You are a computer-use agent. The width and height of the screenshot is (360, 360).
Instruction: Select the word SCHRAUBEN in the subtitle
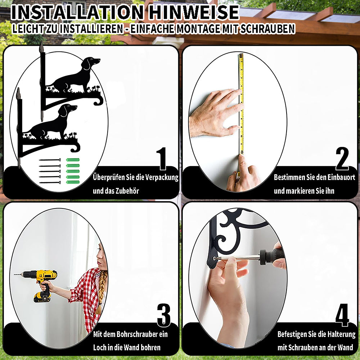click(x=267, y=29)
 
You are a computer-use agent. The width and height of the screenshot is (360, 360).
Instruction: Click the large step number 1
click(x=161, y=158)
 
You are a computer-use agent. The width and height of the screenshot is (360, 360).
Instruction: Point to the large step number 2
click(x=342, y=158)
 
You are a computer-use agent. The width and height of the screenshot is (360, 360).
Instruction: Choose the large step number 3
click(x=164, y=315)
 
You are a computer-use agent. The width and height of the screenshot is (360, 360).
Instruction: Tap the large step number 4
click(x=342, y=315)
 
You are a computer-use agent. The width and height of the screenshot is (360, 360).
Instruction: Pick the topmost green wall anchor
click(x=73, y=160)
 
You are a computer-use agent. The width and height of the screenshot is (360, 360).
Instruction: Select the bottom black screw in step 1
click(x=50, y=183)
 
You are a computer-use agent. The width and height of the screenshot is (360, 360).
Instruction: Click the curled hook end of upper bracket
click(x=99, y=101)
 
